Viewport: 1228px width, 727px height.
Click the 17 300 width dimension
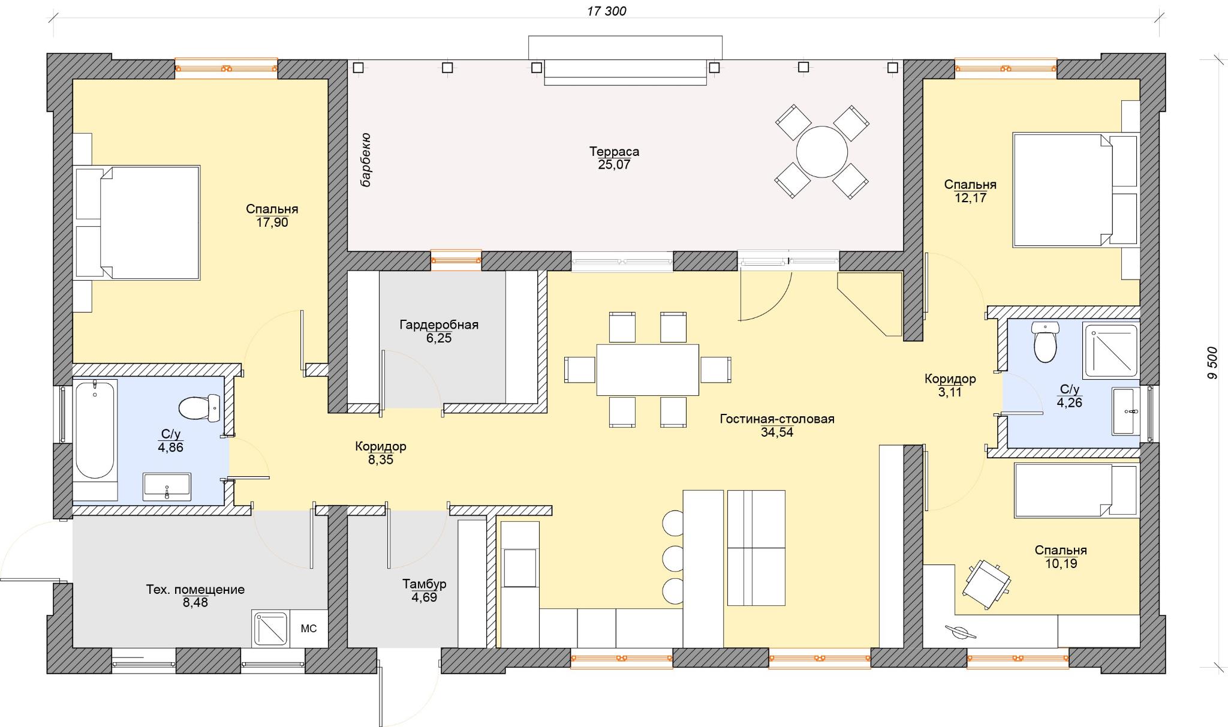tap(607, 11)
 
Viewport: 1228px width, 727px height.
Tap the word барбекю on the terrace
tap(365, 160)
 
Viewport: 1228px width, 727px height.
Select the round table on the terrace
tap(821, 152)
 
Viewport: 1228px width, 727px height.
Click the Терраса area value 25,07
tap(614, 165)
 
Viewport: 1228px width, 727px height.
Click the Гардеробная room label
tap(439, 325)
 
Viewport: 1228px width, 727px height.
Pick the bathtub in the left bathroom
tap(95, 430)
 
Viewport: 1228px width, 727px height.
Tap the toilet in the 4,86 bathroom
tap(200, 408)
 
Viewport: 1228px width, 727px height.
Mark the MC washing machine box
tap(309, 629)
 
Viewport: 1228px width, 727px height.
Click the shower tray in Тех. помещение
tap(271, 629)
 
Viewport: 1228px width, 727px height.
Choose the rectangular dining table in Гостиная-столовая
tap(648, 369)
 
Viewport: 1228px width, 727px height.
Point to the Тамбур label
tap(424, 584)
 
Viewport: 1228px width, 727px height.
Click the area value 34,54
tap(777, 432)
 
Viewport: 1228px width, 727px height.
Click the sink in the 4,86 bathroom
tap(167, 486)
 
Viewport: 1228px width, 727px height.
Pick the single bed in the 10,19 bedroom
tap(1076, 490)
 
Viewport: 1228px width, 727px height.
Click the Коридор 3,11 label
tap(950, 386)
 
